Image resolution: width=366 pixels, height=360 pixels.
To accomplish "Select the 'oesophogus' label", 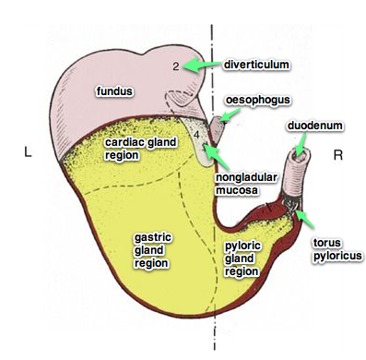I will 255,99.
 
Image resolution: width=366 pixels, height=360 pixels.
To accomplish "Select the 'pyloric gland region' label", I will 244,258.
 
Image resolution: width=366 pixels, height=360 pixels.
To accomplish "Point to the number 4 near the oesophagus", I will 198,136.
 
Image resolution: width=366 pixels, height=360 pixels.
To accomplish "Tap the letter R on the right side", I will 337,156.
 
